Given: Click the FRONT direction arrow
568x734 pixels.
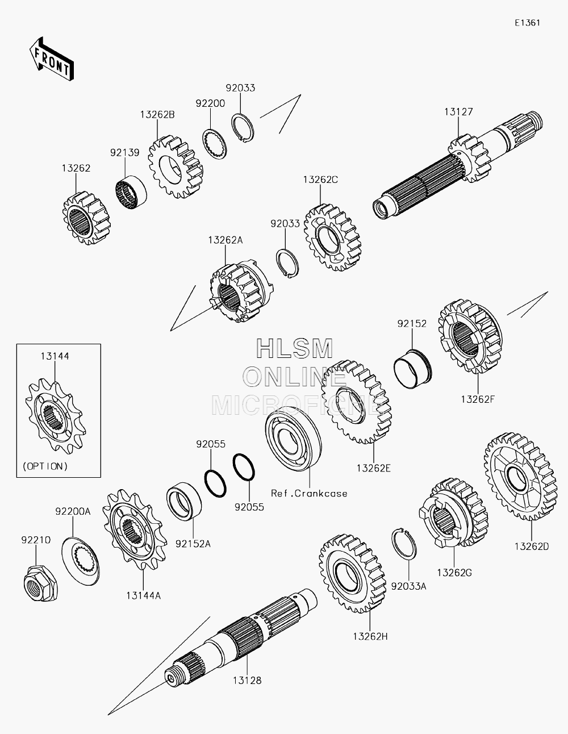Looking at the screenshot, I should pos(50,59).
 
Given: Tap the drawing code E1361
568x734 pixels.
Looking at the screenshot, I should pos(527,23).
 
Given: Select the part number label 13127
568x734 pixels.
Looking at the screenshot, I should pos(458,112).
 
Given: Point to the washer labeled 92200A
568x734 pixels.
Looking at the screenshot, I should pos(80,558).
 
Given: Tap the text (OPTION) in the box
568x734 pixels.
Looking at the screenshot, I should pos(45,466).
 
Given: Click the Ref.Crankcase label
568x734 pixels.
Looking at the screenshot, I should pos(309,493).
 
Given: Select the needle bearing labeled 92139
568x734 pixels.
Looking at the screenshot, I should pos(131,190).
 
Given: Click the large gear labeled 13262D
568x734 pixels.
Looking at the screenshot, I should pos(520,478).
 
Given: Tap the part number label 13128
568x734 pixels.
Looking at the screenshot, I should pos(247,679).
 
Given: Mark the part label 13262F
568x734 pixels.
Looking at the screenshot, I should pos(478,398).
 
